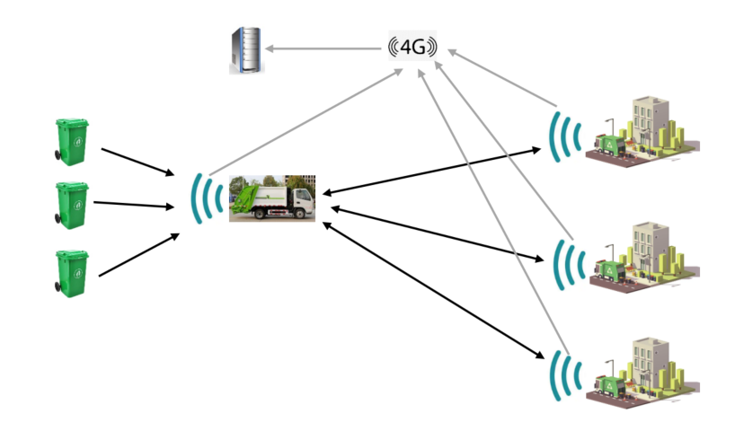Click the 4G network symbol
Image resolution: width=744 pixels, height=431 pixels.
pos(412,47)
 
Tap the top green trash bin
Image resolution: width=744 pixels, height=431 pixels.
pos(72,141)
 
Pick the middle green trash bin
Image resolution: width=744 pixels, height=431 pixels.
pos(72,205)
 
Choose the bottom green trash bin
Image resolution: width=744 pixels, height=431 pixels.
pos(72,272)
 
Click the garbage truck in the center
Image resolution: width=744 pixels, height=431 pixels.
pos(272,198)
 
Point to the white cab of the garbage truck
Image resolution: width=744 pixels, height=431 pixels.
pos(300,198)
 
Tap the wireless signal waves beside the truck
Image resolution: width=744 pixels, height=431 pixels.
pos(207,198)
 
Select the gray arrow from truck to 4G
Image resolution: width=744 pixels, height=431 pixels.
pos(306,122)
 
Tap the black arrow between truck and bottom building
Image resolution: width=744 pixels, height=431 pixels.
pos(431,289)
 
